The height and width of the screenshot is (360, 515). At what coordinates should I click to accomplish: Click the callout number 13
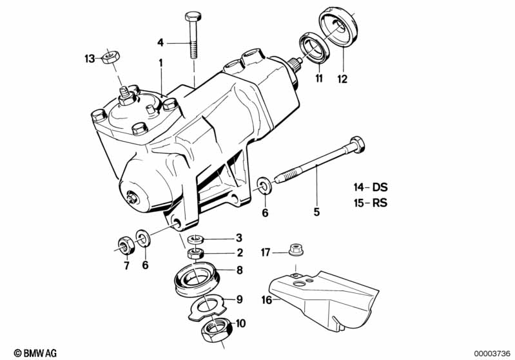89,59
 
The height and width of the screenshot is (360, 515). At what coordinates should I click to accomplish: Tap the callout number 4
160,43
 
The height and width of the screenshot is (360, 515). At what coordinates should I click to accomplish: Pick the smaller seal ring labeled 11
314,50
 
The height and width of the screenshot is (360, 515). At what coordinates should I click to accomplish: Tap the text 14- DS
370,187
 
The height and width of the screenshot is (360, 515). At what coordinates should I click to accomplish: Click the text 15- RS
370,204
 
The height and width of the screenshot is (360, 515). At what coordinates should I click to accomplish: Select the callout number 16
265,299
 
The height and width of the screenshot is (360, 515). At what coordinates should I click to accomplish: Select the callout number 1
161,63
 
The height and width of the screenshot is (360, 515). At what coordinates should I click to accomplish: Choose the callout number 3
238,238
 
